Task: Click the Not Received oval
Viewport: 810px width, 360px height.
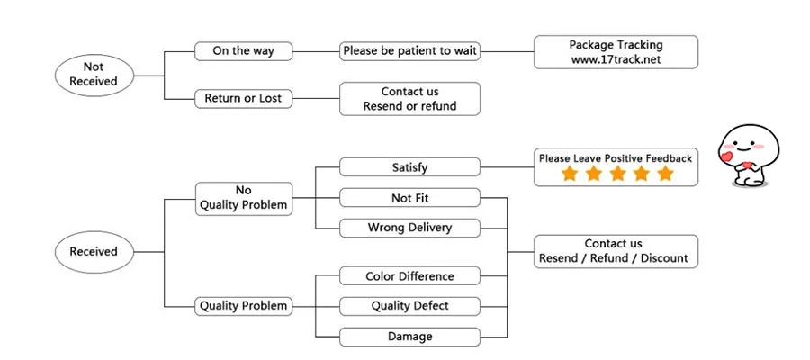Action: coord(94,75)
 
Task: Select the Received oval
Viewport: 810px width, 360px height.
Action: coord(94,251)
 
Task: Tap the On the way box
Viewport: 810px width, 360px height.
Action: coord(243,51)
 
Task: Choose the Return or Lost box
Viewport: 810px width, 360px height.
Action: coord(243,98)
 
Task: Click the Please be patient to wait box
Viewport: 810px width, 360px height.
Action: coord(410,51)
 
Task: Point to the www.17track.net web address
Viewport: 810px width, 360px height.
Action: coord(616,59)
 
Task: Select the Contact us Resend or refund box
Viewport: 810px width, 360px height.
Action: coord(410,99)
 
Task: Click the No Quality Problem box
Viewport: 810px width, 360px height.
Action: coord(243,198)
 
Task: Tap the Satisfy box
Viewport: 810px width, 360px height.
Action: coord(410,166)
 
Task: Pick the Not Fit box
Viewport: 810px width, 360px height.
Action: coord(410,198)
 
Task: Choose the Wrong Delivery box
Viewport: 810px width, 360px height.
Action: coord(410,228)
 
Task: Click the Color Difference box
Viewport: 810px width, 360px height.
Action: coord(410,275)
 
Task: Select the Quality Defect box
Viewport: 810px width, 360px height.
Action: coord(410,306)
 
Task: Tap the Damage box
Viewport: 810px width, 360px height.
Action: coord(410,337)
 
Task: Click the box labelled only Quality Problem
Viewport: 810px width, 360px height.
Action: coord(243,306)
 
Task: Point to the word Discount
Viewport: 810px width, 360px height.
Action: coord(664,258)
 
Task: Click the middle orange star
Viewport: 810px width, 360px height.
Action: coord(617,173)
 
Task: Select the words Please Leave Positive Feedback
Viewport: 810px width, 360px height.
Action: coord(616,158)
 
